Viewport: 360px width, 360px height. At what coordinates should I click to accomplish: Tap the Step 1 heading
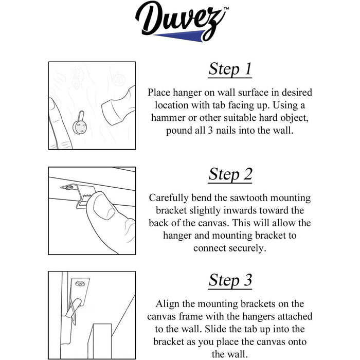pos(230,69)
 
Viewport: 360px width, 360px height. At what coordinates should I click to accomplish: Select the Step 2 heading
pos(230,174)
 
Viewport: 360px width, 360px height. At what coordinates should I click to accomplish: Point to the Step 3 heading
pos(230,280)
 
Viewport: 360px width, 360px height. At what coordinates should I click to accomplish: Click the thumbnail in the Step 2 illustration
pos(104,206)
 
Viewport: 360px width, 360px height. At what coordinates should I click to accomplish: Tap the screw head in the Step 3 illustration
pos(80,284)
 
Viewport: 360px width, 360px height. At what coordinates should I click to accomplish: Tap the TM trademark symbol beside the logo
pos(226,9)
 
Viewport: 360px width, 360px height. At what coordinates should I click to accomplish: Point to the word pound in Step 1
pos(178,131)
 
